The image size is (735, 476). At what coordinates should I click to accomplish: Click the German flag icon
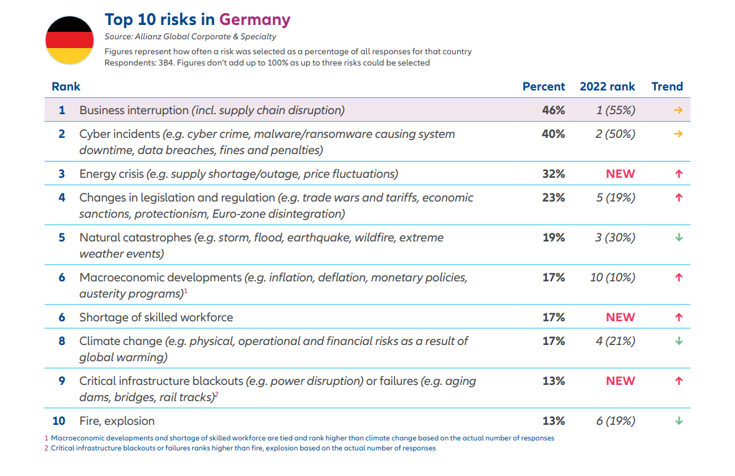[x=69, y=41]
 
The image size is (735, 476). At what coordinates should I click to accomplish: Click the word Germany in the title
[x=255, y=19]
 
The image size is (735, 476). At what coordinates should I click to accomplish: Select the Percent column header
[x=543, y=87]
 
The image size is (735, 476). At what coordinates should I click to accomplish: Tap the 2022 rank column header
[x=607, y=87]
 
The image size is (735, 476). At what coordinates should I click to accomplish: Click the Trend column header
[x=667, y=87]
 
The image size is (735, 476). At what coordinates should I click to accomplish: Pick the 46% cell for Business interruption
[x=553, y=110]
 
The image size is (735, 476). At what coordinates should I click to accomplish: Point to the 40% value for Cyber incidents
[x=553, y=134]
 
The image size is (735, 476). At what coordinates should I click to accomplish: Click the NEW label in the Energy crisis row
[x=620, y=174]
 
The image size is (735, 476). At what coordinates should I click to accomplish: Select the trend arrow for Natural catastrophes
[x=679, y=238]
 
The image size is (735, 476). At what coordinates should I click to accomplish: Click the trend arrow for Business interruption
[x=678, y=110]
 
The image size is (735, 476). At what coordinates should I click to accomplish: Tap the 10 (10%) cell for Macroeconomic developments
[x=612, y=278]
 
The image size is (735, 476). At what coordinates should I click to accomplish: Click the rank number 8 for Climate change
[x=62, y=341]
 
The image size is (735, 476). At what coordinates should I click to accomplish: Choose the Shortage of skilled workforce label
[x=156, y=318]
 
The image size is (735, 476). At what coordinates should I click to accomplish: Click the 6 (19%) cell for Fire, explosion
[x=615, y=421]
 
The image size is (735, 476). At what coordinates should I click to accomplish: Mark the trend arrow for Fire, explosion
[x=679, y=421]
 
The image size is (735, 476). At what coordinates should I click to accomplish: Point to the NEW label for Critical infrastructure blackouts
[x=620, y=381]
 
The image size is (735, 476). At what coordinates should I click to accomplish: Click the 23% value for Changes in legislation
[x=553, y=198]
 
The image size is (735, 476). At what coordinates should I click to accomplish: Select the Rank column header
[x=66, y=87]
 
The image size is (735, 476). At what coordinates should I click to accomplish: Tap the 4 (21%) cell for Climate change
[x=615, y=341]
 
